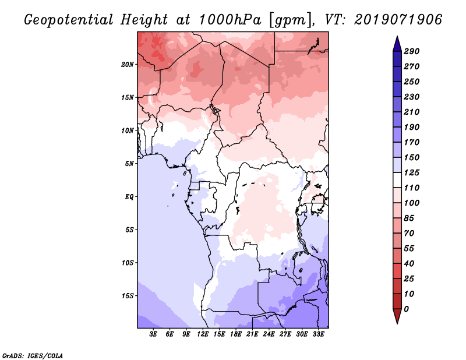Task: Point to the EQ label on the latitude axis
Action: click(129, 196)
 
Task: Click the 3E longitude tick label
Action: click(154, 334)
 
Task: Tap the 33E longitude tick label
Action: click(319, 334)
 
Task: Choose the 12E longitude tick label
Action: click(203, 334)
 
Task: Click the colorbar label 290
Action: click(411, 51)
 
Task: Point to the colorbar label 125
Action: click(411, 172)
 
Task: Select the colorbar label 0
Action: click(407, 309)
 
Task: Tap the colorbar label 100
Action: click(411, 203)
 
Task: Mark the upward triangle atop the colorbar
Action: click(396, 43)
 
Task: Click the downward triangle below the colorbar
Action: click(396, 317)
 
